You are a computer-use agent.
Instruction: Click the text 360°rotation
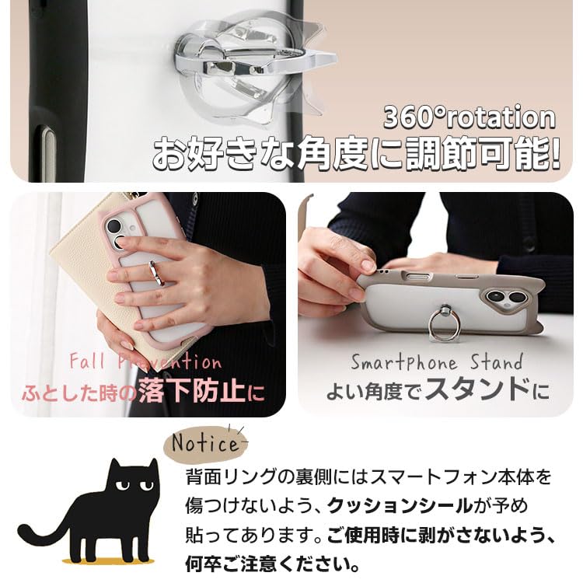470,117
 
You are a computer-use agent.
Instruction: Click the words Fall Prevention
145,362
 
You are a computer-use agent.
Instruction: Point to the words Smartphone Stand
436,362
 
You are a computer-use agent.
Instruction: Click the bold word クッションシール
400,505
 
